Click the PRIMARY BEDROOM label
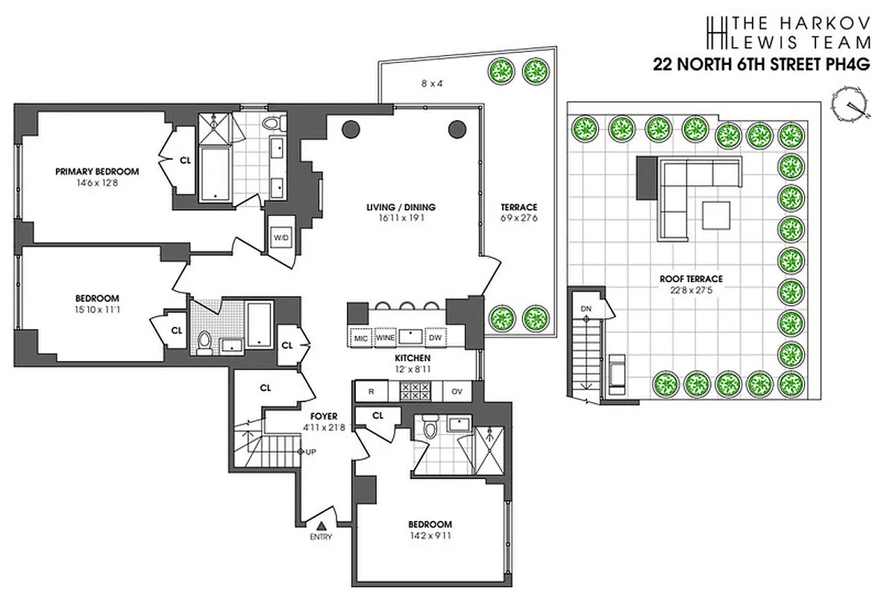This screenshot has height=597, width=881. [x=97, y=172]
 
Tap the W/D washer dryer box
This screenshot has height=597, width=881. [x=282, y=237]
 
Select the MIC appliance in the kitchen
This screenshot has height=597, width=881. [x=360, y=337]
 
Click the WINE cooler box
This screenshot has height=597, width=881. [x=386, y=337]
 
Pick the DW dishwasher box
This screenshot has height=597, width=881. [x=435, y=337]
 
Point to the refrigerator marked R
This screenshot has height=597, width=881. [x=369, y=390]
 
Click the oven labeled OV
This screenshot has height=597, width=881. [x=457, y=390]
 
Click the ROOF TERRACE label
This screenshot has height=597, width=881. [x=691, y=279]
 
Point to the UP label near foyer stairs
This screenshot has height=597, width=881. [x=310, y=452]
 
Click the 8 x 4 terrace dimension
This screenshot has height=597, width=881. [x=431, y=84]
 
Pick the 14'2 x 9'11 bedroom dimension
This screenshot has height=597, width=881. [x=430, y=536]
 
